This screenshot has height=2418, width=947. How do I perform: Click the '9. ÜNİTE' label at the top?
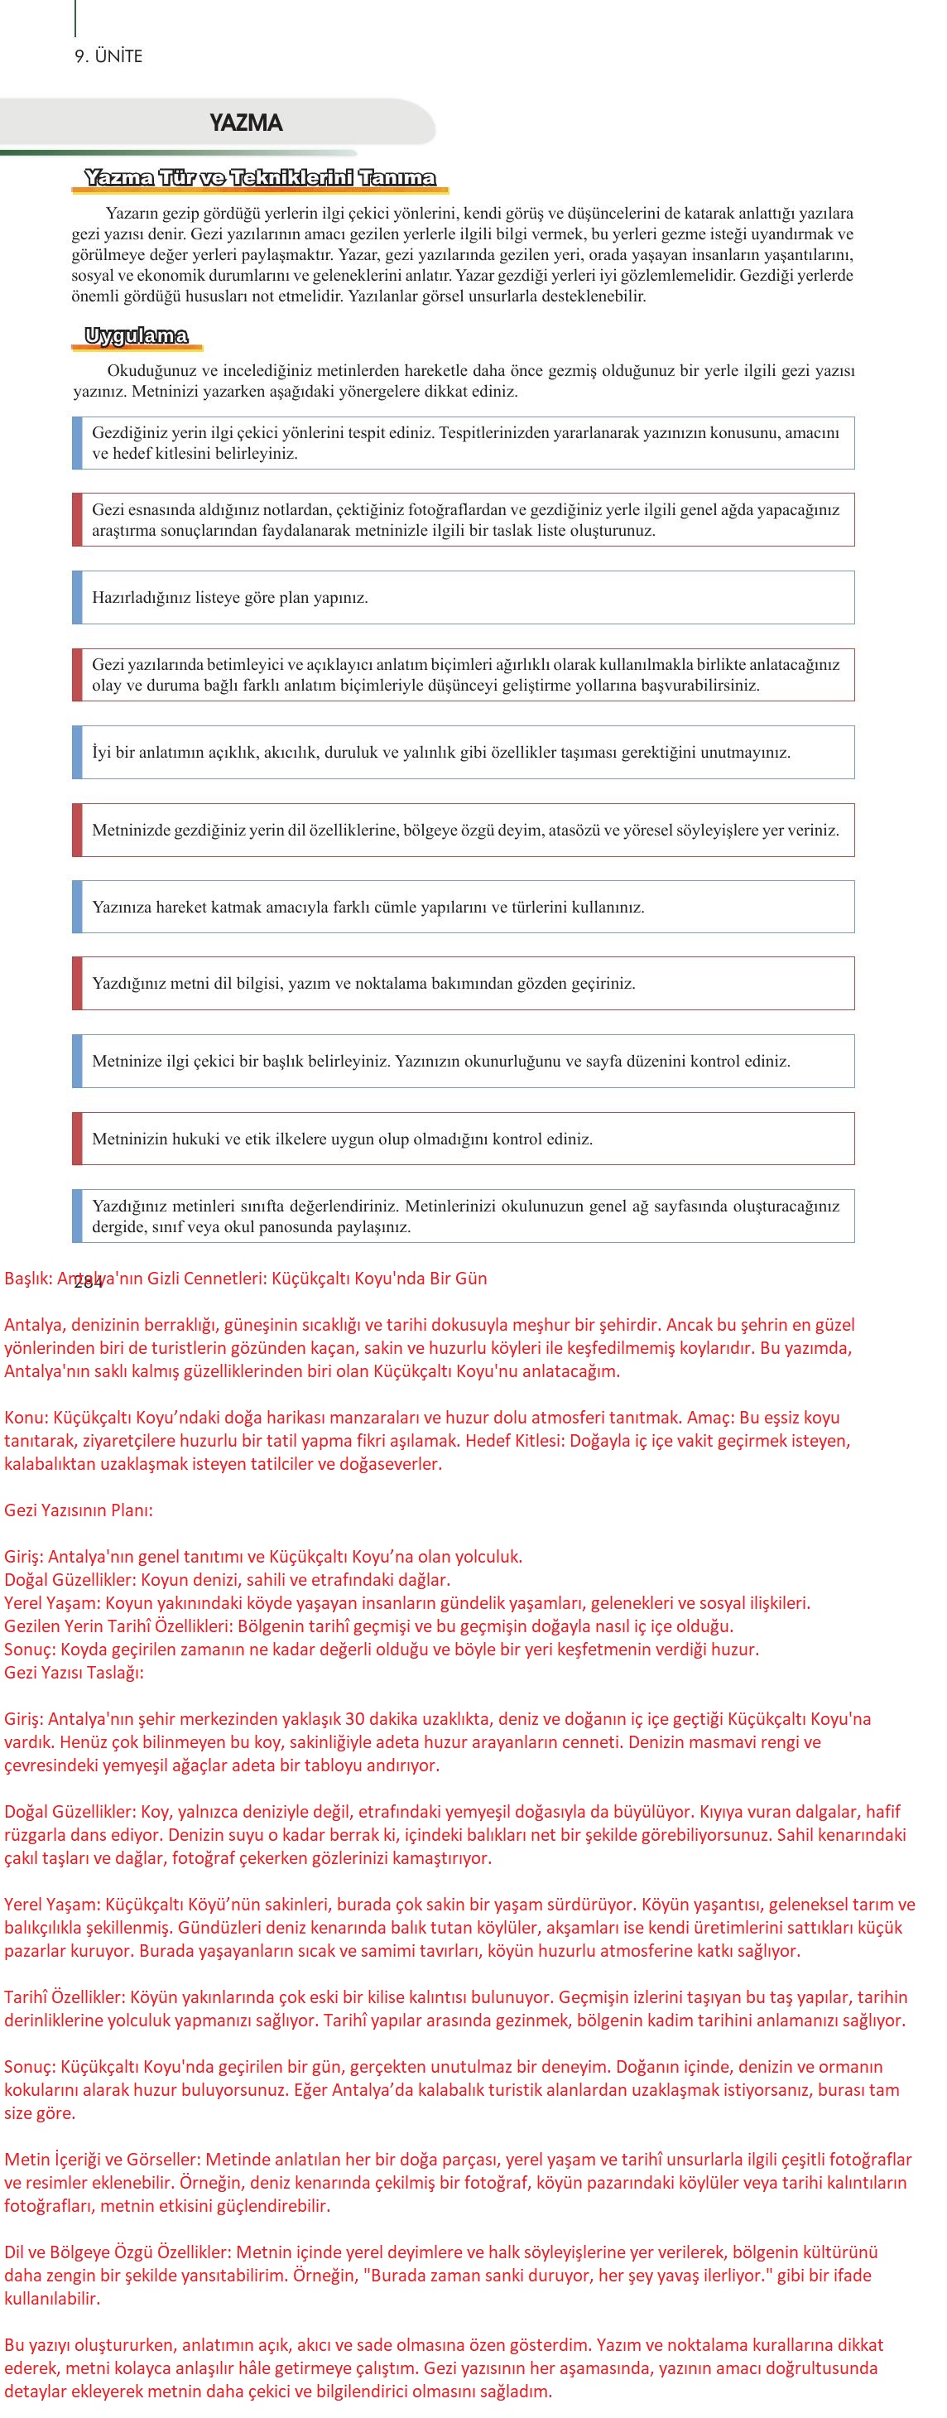[108, 56]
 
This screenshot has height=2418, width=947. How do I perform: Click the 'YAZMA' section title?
[245, 123]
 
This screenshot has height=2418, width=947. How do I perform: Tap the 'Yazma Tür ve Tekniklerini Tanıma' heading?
[259, 177]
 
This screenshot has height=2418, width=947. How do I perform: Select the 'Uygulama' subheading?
[136, 336]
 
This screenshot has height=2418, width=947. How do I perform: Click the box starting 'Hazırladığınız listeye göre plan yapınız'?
[463, 597]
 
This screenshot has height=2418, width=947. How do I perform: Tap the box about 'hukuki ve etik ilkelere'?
[463, 1139]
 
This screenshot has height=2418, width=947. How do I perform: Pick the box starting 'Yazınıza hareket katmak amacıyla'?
[463, 907]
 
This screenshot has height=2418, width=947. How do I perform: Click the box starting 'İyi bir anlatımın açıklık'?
[463, 752]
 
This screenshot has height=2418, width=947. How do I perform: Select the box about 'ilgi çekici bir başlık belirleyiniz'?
[463, 1061]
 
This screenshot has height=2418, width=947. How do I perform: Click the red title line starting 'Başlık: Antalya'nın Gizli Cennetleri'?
[246, 1279]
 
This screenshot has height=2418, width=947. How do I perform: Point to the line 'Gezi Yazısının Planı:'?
[78, 1510]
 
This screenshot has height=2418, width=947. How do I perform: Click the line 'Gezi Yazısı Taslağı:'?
[75, 1672]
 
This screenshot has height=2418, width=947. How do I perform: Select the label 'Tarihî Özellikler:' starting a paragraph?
[65, 1997]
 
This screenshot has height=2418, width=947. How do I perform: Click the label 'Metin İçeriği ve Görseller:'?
[103, 2159]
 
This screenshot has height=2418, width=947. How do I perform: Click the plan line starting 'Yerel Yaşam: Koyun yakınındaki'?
[406, 1602]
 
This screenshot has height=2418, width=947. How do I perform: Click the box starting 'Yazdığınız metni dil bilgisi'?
[463, 984]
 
